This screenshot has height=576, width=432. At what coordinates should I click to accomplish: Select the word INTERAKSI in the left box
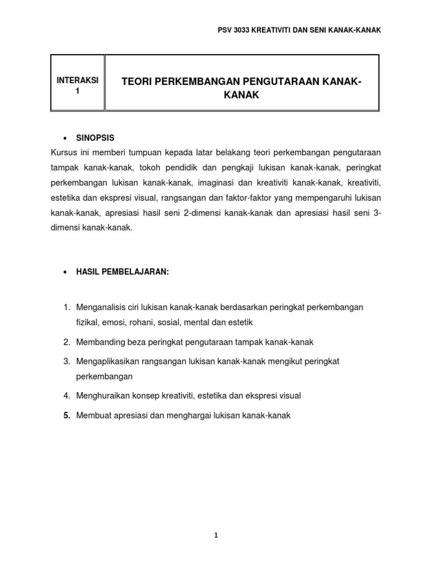pyautogui.click(x=78, y=80)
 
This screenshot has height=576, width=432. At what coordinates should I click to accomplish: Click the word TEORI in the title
pyautogui.click(x=138, y=83)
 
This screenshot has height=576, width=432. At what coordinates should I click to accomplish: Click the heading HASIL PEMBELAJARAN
pyautogui.click(x=123, y=272)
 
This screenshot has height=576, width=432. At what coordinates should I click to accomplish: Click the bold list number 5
pyautogui.click(x=66, y=415)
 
